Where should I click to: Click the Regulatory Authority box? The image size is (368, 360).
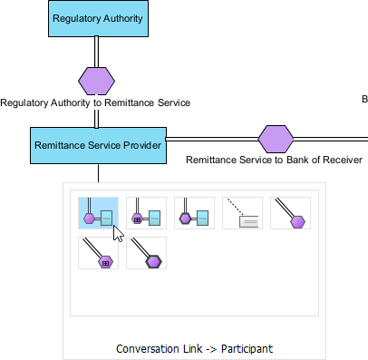click(97, 18)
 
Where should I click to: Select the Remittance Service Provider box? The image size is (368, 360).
click(98, 145)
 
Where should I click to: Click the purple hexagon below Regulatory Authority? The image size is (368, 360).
click(96, 81)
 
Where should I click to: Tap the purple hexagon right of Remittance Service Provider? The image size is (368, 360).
click(276, 139)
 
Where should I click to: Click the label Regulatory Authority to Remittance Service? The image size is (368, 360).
click(95, 103)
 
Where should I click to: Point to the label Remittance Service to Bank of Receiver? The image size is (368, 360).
click(274, 161)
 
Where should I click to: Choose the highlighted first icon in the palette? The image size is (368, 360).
click(98, 213)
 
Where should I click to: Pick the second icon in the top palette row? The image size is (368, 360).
click(146, 213)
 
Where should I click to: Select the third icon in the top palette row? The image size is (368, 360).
click(194, 213)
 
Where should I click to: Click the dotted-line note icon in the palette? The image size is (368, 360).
click(242, 213)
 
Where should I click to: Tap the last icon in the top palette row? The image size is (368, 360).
click(290, 213)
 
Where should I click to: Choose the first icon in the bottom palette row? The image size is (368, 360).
click(98, 254)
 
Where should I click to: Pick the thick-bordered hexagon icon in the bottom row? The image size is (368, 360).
click(146, 254)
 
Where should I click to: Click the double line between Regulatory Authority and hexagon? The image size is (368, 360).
click(96, 51)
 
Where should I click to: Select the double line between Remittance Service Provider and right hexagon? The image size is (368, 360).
click(212, 139)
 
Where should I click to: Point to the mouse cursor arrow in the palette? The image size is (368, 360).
click(116, 232)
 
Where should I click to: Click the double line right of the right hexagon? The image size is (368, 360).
click(331, 139)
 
